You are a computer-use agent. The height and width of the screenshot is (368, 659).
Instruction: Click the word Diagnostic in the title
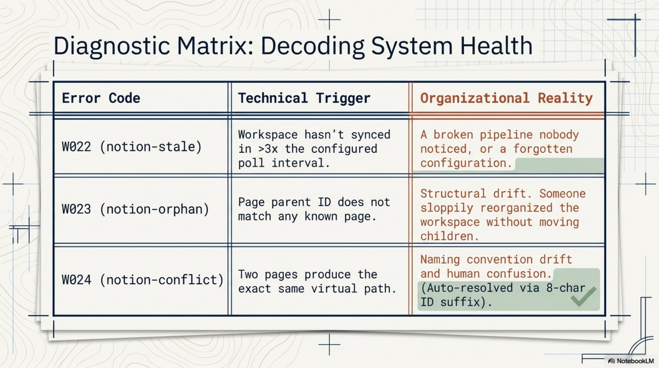point(111,46)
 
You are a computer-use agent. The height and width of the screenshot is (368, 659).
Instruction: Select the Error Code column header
point(101,98)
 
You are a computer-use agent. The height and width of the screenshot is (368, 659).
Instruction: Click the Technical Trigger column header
point(304,98)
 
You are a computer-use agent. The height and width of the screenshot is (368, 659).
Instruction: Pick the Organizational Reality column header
point(506,98)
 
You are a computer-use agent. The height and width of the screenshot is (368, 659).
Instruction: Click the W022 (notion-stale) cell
point(132,147)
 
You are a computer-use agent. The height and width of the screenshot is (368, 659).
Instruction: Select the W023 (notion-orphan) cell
point(135,209)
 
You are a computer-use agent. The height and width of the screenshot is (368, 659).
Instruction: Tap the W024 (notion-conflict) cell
point(143,280)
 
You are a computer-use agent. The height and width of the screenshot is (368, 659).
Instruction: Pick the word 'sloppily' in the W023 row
point(447,208)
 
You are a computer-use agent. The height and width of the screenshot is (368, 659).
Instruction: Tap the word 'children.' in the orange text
point(449,236)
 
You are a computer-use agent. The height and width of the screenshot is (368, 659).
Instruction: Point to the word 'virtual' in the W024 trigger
point(334,289)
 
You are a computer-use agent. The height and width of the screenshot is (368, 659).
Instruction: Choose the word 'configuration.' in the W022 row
point(466,163)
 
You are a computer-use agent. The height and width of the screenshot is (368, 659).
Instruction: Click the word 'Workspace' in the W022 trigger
point(268,135)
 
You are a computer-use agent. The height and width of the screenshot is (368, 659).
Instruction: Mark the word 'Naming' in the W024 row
point(440,259)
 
